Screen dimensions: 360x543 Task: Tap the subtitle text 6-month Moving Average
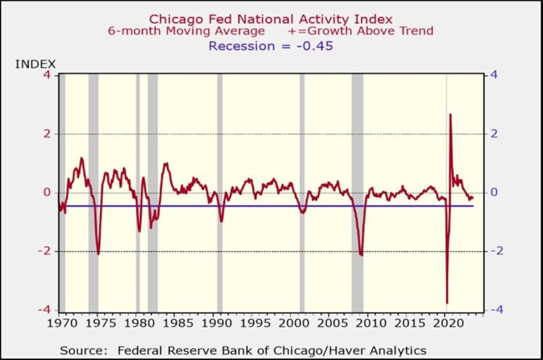(x=164, y=30)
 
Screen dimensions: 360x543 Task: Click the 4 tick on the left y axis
(x=47, y=75)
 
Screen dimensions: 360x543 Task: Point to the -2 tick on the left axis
(x=45, y=251)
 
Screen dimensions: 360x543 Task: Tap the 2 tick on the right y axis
(x=494, y=134)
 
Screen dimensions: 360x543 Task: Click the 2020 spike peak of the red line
(x=450, y=114)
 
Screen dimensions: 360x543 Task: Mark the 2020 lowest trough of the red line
(x=447, y=303)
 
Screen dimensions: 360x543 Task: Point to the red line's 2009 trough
(x=361, y=254)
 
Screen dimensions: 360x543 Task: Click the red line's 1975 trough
(x=98, y=253)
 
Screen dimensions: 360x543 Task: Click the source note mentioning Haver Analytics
(x=243, y=349)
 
